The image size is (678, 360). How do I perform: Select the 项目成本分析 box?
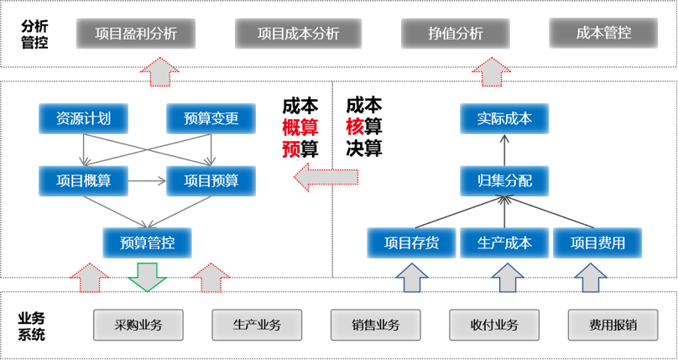298,34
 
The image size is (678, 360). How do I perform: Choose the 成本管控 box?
603,34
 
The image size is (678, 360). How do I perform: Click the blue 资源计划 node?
83,118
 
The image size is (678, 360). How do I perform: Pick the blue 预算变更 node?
211,118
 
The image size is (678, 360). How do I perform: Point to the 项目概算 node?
83,180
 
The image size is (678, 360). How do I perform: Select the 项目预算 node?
211,180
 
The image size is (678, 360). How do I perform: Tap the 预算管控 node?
147,243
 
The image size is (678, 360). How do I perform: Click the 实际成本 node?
503,118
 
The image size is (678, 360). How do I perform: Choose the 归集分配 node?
503,180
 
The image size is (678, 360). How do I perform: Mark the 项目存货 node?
411,243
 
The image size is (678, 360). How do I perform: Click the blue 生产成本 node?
503,243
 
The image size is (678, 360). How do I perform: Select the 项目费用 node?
597,243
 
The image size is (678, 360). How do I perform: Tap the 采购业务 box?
138,324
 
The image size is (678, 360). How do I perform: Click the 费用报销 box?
613,324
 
